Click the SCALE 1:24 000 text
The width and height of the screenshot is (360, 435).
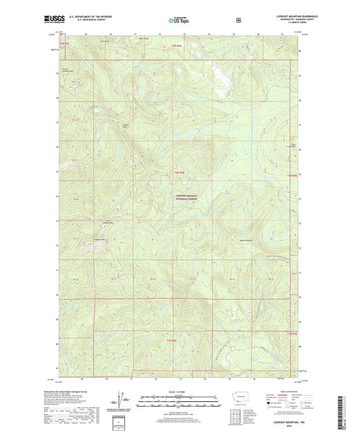180,391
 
